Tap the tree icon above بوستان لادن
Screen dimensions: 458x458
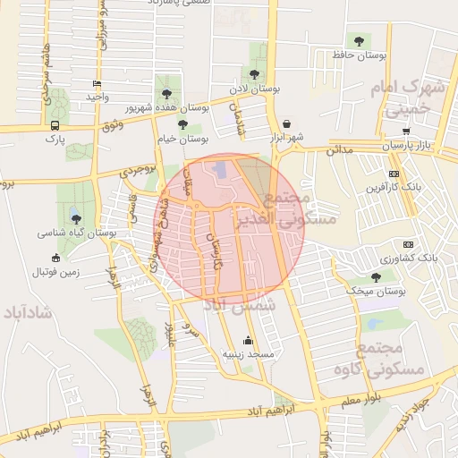tap(255, 74)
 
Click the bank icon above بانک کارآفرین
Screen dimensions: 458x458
tap(394, 174)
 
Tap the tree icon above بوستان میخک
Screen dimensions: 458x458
tap(376, 277)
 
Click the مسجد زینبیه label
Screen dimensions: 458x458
tap(248, 354)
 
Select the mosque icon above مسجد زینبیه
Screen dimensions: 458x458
tap(248, 341)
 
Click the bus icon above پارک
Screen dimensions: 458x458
tap(55, 126)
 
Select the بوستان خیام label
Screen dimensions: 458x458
tap(183, 139)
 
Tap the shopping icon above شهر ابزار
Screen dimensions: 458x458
tap(286, 124)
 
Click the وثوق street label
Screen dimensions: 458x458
tap(112, 126)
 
